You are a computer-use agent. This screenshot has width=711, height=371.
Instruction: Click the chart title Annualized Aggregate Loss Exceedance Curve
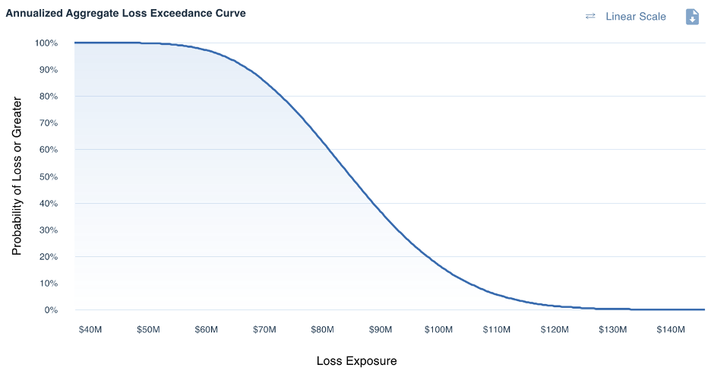click(x=125, y=14)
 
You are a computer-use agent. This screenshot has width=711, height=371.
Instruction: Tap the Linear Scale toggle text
click(x=635, y=17)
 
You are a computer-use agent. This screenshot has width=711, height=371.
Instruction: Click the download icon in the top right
click(x=692, y=17)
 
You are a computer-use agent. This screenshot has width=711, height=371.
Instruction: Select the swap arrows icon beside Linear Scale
click(x=590, y=17)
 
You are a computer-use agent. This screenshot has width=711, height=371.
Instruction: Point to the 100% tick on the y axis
click(x=46, y=43)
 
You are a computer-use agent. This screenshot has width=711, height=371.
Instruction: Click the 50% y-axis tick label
click(x=48, y=177)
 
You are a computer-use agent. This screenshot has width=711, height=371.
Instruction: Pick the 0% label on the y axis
click(x=51, y=310)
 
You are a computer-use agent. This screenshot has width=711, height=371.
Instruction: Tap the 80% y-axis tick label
click(x=48, y=97)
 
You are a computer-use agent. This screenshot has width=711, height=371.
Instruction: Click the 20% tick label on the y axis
click(x=48, y=257)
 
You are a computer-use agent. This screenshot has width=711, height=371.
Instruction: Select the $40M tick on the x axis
click(x=90, y=330)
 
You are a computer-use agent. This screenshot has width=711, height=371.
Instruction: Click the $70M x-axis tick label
click(x=264, y=330)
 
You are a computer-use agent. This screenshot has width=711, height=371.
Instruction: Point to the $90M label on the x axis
click(x=381, y=330)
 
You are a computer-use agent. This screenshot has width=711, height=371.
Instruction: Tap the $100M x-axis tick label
click(x=438, y=330)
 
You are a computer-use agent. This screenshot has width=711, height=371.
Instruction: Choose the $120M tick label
click(x=555, y=330)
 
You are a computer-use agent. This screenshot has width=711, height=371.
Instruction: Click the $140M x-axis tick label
click(x=671, y=330)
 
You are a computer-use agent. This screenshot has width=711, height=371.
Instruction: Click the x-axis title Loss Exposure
click(x=356, y=360)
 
